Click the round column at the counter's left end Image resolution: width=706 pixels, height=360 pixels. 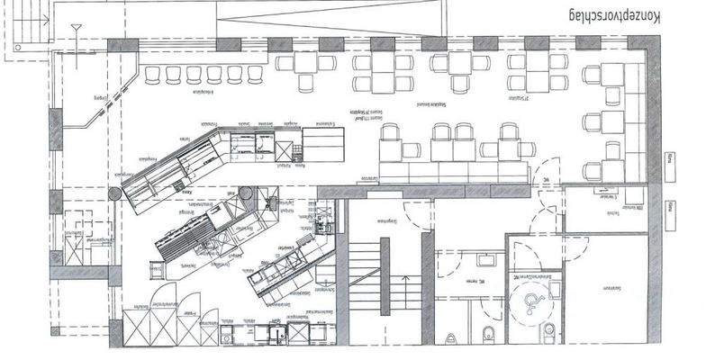click(115, 193)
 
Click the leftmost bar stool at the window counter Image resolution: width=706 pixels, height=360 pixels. click(151, 73)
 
